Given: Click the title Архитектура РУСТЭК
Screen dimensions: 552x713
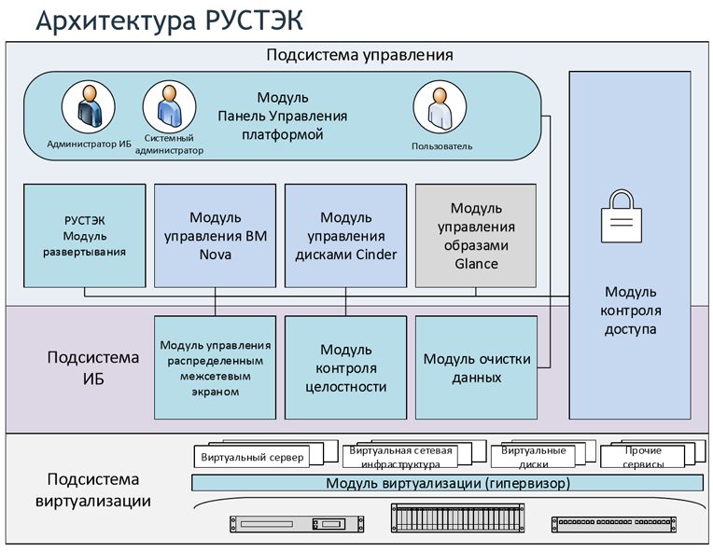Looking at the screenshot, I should pos(168,21).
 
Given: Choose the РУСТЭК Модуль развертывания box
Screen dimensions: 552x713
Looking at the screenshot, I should pos(85,235).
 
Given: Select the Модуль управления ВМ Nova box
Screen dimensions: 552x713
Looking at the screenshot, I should pos(215,235).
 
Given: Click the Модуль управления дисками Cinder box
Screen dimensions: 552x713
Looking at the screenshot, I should pos(345,235).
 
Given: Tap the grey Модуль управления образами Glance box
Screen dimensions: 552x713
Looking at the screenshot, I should pos(476,235).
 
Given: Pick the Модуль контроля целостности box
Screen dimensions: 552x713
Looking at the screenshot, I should pos(345,367).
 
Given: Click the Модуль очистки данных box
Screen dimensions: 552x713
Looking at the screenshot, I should pos(476,367).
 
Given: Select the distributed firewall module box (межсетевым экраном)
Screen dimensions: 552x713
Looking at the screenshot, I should pos(215,367).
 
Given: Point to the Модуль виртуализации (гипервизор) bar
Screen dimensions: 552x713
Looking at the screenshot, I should pos(447,483).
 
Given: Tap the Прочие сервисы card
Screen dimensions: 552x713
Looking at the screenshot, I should pos(644,456).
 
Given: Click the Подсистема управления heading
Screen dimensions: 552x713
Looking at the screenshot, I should pos(359,54).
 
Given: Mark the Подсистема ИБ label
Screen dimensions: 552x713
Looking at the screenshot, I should pos(93,367).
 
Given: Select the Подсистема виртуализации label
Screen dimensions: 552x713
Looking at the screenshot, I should pos(93,490).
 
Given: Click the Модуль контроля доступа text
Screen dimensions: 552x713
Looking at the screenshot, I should pos(630,311).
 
